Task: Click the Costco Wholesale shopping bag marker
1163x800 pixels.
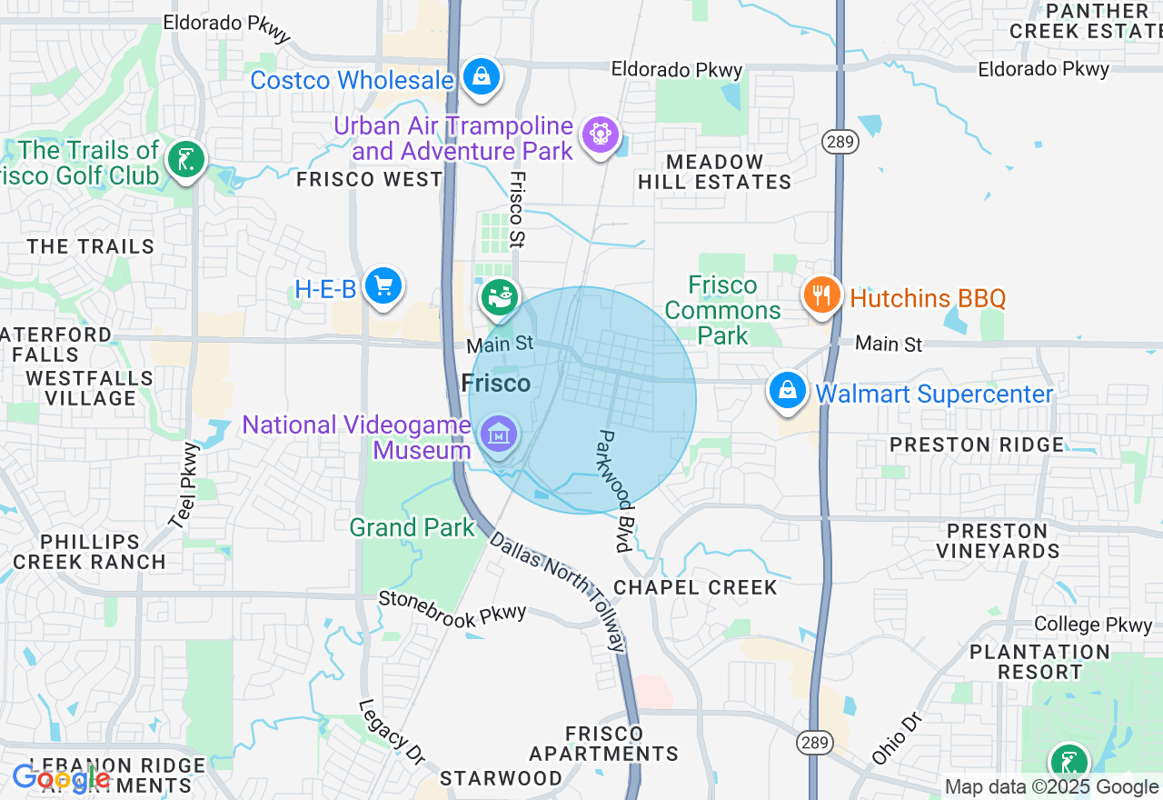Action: (481, 76)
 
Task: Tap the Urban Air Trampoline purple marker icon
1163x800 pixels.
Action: (600, 135)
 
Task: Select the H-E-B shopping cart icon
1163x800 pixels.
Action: (383, 287)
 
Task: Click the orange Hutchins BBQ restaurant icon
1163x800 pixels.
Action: (821, 295)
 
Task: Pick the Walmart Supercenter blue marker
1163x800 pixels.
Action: (787, 391)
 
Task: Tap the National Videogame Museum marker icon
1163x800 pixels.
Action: (499, 434)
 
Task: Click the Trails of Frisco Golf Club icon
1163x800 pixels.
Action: (186, 160)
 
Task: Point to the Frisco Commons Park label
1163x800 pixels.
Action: (723, 311)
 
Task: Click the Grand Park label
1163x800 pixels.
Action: (413, 527)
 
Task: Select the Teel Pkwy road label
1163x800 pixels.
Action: (184, 485)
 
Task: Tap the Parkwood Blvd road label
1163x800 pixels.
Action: (615, 491)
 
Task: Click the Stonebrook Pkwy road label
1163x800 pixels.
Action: (452, 609)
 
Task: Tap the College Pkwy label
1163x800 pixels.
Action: (1093, 625)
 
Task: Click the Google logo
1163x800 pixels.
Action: (61, 778)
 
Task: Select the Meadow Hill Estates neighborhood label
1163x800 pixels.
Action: (715, 172)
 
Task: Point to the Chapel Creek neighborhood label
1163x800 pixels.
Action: (695, 587)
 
